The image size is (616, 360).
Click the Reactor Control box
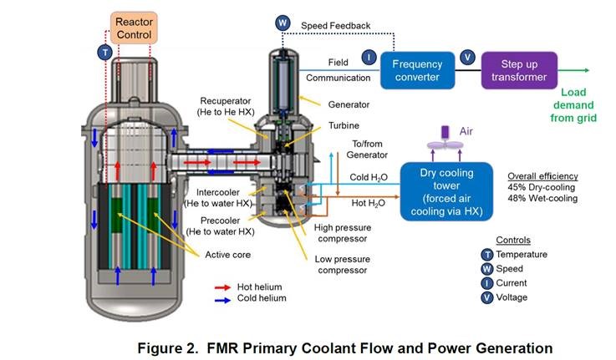[x=135, y=27]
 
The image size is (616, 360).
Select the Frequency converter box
[x=416, y=69]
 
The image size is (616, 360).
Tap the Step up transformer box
[x=523, y=69]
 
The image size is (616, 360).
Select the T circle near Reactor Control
[x=104, y=52]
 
